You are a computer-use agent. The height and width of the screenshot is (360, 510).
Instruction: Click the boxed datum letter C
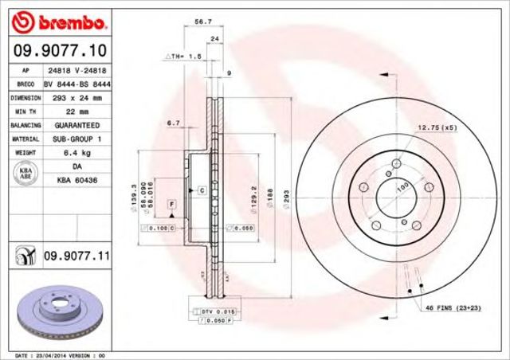[x=202, y=190]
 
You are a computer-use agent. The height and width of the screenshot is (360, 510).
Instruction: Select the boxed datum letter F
[x=171, y=206]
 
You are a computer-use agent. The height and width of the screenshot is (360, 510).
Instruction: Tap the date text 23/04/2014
[x=55, y=354]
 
